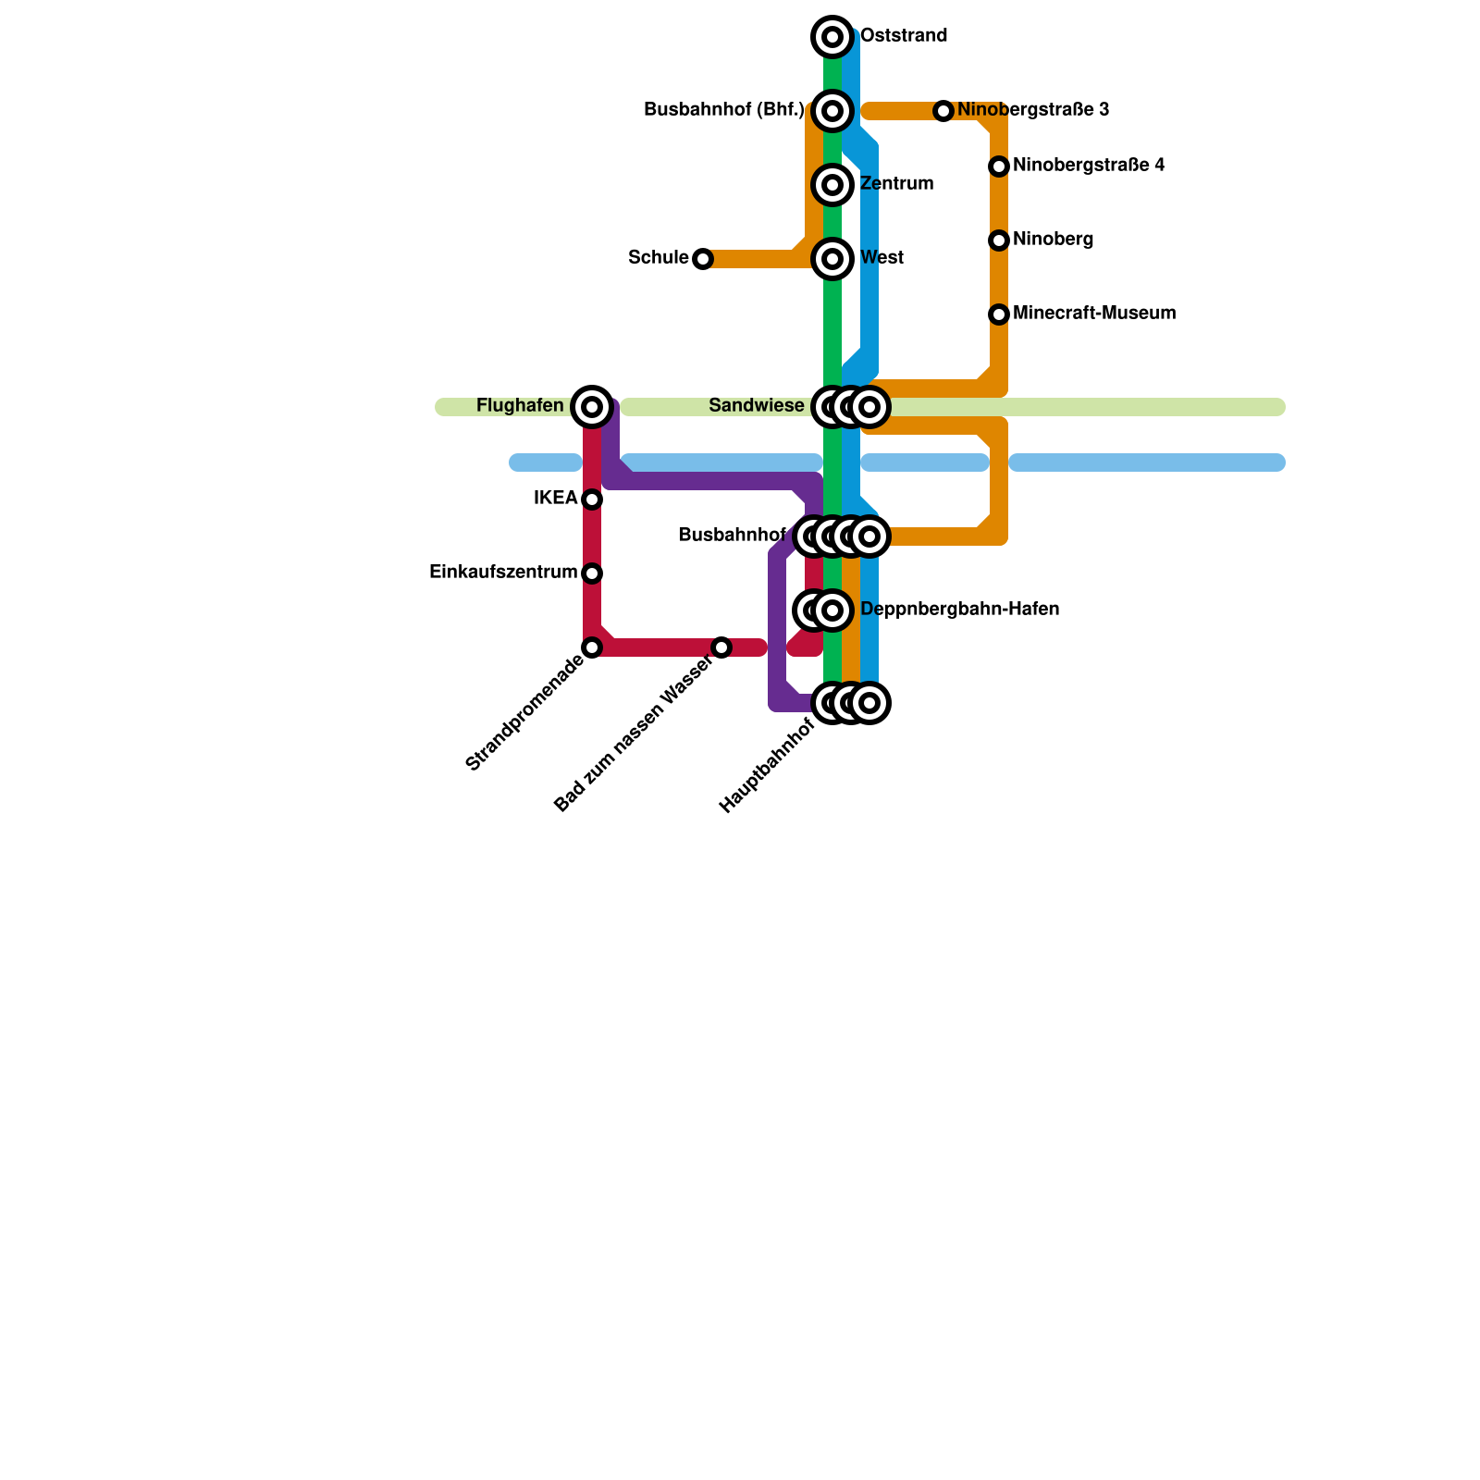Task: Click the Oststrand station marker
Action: pyautogui.click(x=832, y=37)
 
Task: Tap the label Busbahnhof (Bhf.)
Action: pyautogui.click(x=723, y=110)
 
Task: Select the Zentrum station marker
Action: pyautogui.click(x=832, y=185)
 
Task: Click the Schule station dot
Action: pyautogui.click(x=703, y=259)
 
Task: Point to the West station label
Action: pyautogui.click(x=882, y=258)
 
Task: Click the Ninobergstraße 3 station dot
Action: pyautogui.click(x=943, y=111)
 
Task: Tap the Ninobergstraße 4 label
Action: pyautogui.click(x=1089, y=166)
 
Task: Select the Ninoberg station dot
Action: pyautogui.click(x=999, y=240)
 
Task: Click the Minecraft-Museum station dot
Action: pyautogui.click(x=999, y=314)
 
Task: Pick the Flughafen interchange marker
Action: pyautogui.click(x=592, y=407)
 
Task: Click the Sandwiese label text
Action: pyautogui.click(x=757, y=406)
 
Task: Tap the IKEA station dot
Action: pyautogui.click(x=592, y=499)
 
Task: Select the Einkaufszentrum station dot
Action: pyautogui.click(x=592, y=573)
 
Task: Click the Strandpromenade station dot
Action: pyautogui.click(x=592, y=647)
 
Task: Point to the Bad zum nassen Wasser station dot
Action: pyautogui.click(x=721, y=647)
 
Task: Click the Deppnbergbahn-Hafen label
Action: pyautogui.click(x=959, y=610)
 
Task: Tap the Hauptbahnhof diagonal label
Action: pyautogui.click(x=767, y=767)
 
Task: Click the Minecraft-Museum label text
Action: pyautogui.click(x=1094, y=314)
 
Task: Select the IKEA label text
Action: pyautogui.click(x=556, y=499)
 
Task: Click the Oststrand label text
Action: pyautogui.click(x=904, y=36)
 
